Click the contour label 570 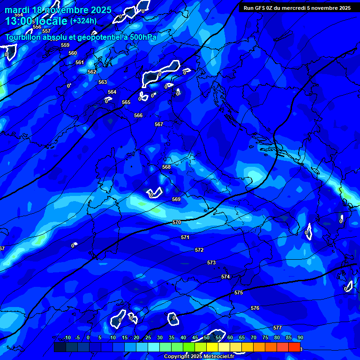(x=176, y=222)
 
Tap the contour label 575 (x=239, y=292)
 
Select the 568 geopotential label (x=166, y=167)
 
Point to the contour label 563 (x=103, y=82)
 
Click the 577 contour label (x=277, y=328)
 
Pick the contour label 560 (x=73, y=53)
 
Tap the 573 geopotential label (x=211, y=262)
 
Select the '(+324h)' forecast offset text (x=83, y=21)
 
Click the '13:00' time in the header (x=18, y=21)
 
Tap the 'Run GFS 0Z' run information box (x=295, y=8)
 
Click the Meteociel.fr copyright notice (x=199, y=356)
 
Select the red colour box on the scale (x=294, y=347)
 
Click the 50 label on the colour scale (x=207, y=337)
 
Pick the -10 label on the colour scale (x=67, y=337)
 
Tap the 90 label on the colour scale (x=300, y=337)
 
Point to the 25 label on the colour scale (x=148, y=337)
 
